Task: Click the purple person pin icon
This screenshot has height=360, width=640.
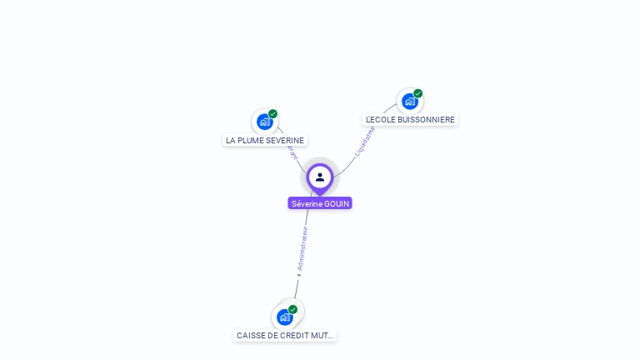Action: (x=320, y=177)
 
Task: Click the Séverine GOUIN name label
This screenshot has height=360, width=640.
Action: (x=320, y=203)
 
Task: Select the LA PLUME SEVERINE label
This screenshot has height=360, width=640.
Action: (x=265, y=140)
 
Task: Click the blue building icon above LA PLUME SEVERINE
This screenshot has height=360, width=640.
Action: (x=264, y=122)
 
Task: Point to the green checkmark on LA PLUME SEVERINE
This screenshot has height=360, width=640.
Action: (x=273, y=114)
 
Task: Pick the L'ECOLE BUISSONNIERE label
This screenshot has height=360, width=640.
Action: (x=410, y=119)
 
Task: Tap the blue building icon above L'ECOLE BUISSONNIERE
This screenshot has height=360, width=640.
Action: (x=409, y=101)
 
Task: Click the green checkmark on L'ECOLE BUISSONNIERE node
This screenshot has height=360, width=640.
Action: (x=418, y=93)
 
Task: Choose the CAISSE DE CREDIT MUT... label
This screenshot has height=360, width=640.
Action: (x=285, y=335)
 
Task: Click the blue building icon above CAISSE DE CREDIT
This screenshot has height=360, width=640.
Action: (x=285, y=317)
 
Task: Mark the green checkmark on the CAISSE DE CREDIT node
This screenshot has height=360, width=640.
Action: (x=293, y=309)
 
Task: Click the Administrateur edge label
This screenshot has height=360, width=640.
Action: (x=302, y=247)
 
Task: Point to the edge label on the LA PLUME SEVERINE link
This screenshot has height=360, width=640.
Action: (x=292, y=152)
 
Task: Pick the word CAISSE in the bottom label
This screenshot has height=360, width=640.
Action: (x=250, y=335)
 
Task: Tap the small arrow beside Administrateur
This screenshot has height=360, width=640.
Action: (x=297, y=273)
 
